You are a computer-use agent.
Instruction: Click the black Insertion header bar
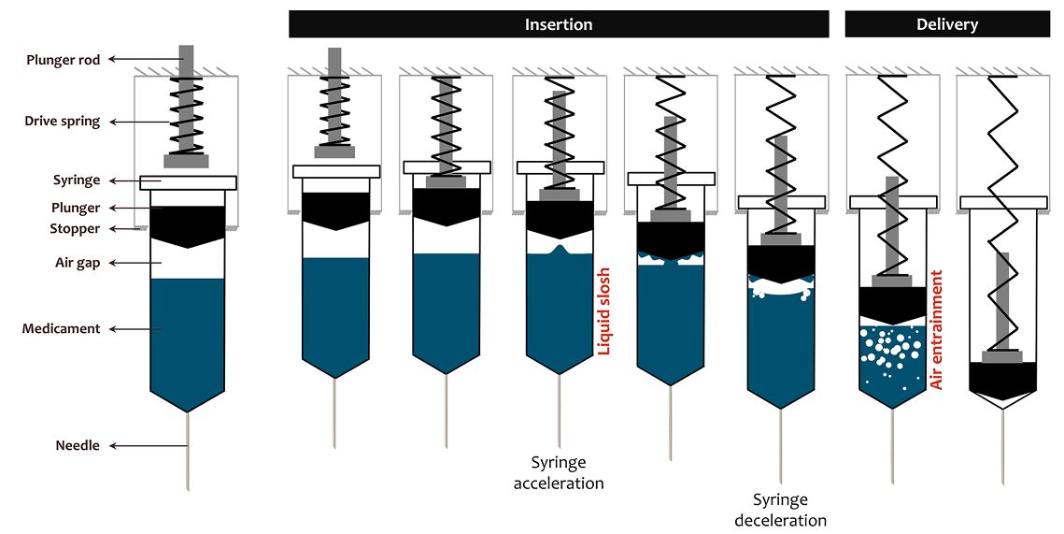pos(559,24)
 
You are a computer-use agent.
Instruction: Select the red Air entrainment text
pos(937,330)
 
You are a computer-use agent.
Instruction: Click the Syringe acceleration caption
pos(559,472)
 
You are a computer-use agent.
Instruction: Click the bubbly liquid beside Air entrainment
pos(891,360)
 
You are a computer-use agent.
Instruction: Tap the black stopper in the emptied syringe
pos(1002,378)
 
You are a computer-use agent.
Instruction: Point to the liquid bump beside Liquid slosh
pos(559,251)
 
